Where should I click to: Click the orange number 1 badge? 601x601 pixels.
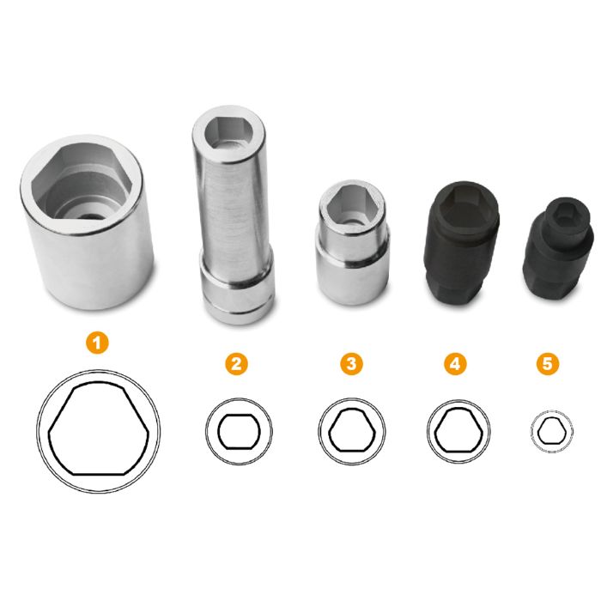pos(97,343)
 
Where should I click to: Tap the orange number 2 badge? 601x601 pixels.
pos(236,363)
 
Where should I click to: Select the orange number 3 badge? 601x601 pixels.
pos(351,363)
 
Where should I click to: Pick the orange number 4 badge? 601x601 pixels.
pos(455,363)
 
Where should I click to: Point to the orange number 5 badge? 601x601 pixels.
pos(548,363)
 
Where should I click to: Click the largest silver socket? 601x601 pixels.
pos(88,222)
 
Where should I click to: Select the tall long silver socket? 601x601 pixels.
pos(234,215)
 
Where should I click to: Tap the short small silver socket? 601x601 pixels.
pos(352,242)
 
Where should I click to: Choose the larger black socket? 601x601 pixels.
pos(462,242)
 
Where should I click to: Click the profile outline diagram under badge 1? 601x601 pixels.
pos(99,431)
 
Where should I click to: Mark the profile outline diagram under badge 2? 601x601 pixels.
pos(239,431)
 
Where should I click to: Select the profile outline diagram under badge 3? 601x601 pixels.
pos(351,431)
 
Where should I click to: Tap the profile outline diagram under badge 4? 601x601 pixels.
pos(458,431)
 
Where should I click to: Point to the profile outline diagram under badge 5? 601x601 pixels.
pos(551,431)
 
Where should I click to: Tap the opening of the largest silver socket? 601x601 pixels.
pos(82,182)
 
